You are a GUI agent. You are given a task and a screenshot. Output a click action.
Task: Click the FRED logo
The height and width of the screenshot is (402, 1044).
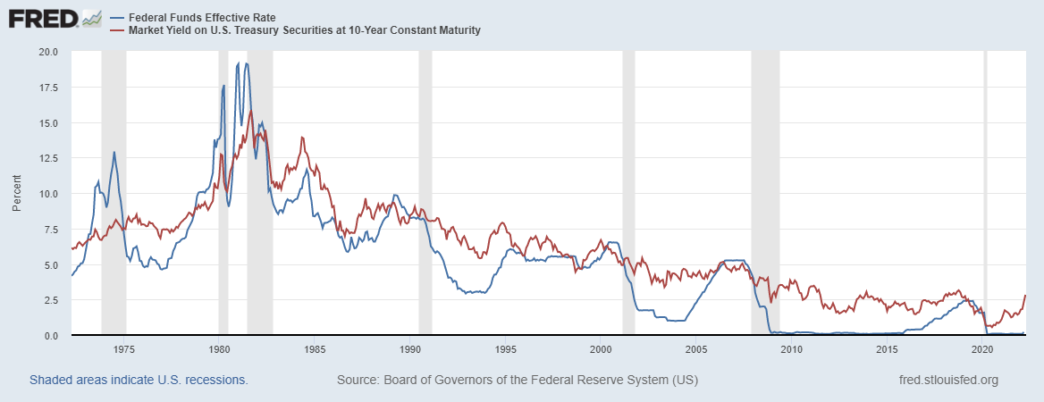pos(55,18)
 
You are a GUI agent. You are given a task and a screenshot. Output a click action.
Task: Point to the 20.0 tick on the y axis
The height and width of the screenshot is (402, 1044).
pos(47,52)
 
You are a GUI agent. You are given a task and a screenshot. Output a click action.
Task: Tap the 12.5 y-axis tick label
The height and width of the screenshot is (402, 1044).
pos(47,158)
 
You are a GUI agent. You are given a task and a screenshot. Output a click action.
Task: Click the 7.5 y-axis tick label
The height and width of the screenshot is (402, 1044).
pos(50,230)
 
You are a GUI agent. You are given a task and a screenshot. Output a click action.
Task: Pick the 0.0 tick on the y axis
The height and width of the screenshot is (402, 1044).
pos(50,336)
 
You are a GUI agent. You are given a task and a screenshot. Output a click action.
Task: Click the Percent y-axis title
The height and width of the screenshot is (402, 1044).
pos(17,194)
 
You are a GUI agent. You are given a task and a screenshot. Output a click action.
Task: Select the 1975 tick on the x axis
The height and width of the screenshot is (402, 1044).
pos(124,349)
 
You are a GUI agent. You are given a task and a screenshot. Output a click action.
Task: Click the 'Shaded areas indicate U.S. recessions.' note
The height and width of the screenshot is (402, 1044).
pos(139,380)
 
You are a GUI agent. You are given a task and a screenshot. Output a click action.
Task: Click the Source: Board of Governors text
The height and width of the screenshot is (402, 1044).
pos(518,380)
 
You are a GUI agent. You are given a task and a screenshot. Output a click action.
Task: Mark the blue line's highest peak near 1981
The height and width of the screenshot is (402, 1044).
pos(246,63)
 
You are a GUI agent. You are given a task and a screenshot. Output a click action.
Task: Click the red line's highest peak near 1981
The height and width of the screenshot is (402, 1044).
pos(251,110)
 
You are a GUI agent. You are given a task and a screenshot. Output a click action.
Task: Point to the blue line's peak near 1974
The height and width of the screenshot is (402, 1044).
pos(114,152)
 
